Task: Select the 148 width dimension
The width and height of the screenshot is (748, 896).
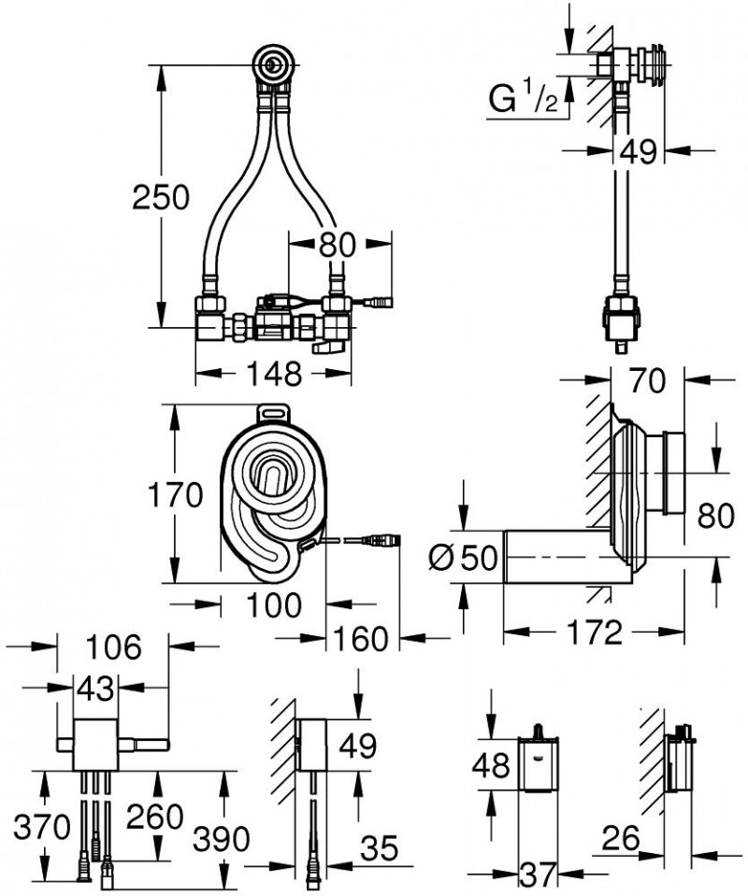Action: coord(273,373)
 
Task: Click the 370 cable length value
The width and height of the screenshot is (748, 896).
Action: coord(42,826)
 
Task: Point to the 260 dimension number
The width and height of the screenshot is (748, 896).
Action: coord(156,817)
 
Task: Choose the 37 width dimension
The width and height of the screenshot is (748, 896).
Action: coord(536,876)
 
